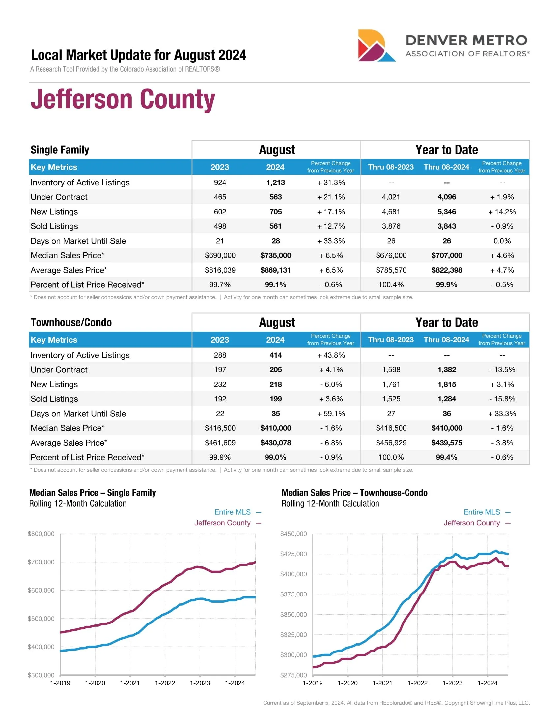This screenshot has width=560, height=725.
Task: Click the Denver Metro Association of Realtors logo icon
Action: (x=376, y=45)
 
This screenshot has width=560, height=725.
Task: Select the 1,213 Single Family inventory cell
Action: (x=275, y=182)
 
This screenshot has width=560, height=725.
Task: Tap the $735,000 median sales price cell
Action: (x=275, y=255)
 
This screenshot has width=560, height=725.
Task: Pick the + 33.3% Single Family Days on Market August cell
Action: (x=331, y=241)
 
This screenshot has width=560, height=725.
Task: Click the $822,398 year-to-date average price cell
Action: (x=447, y=270)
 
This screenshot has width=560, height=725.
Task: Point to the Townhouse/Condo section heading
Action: (x=71, y=322)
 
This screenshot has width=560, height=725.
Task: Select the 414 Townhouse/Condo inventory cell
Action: (x=275, y=355)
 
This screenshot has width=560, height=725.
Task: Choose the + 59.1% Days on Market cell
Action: (x=331, y=413)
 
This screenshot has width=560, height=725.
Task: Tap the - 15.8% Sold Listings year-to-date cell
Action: (x=502, y=399)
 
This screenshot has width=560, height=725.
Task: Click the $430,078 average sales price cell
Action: (x=275, y=443)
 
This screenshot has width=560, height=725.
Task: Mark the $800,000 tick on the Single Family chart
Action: (x=41, y=534)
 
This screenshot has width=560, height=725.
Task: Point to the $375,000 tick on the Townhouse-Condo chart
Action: (x=294, y=594)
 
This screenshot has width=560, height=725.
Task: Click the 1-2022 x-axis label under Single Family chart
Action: (x=165, y=683)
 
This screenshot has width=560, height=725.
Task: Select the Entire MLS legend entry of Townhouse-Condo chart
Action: (x=482, y=512)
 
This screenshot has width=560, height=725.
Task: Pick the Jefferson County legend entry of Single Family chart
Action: (x=222, y=523)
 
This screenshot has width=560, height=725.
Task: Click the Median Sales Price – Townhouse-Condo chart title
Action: (x=354, y=493)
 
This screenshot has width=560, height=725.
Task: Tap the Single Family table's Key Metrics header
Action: (x=54, y=167)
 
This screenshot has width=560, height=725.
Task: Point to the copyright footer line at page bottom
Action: (x=396, y=703)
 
